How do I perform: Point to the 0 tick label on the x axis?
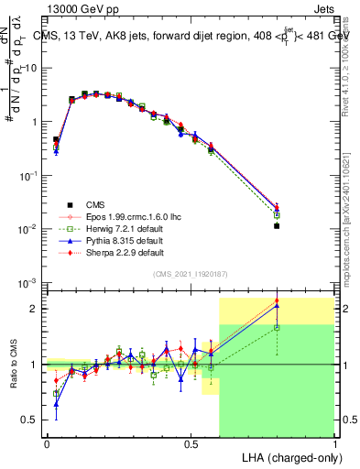pos(47,442)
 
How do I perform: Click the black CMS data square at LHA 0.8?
pos(277,225)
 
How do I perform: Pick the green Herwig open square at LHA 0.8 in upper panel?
pos(277,215)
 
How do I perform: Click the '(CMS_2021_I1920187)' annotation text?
pos(191,275)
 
